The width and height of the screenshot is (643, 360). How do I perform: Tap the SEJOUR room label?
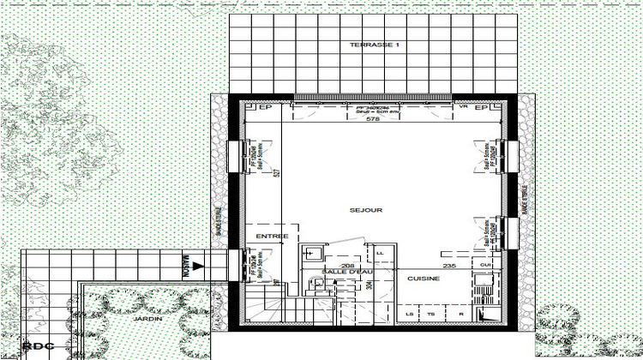pyautogui.click(x=366, y=209)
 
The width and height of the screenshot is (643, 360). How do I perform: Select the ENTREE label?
pyautogui.click(x=273, y=236)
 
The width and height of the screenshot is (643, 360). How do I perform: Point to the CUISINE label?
pyautogui.click(x=424, y=279)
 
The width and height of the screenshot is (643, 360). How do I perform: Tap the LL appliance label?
pyautogui.click(x=379, y=252)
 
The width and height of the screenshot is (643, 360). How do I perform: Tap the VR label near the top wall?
pyautogui.click(x=463, y=109)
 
